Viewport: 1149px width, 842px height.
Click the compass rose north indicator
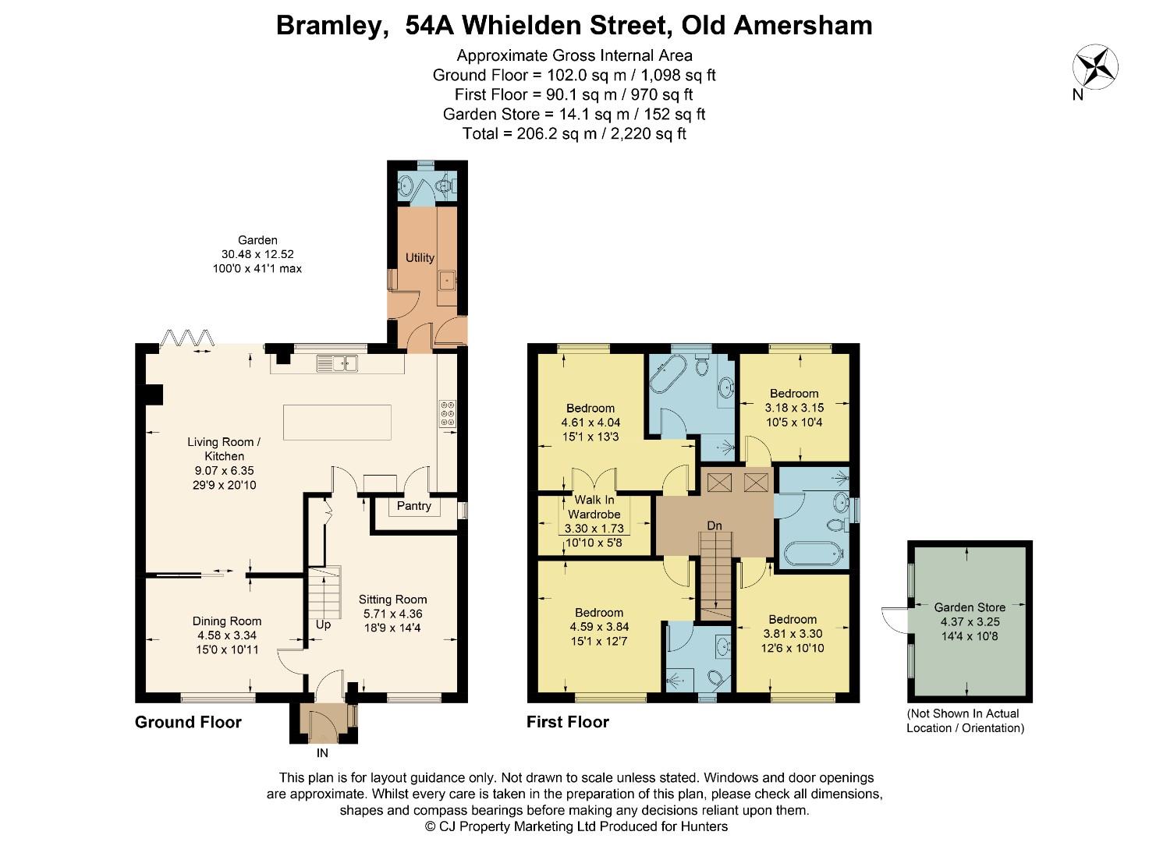[x=1095, y=68]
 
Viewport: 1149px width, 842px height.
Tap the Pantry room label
[x=413, y=506]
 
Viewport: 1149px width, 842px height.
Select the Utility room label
[x=420, y=258]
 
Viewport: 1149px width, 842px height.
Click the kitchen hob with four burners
[x=448, y=413]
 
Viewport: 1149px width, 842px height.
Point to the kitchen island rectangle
[x=337, y=422]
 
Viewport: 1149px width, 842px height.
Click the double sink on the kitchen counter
[x=337, y=363]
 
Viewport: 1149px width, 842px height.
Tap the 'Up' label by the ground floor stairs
[x=323, y=625]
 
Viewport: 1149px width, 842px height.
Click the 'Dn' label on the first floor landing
[x=715, y=526]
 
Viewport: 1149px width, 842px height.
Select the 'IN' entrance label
[x=322, y=753]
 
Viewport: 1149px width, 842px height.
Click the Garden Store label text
[x=970, y=607]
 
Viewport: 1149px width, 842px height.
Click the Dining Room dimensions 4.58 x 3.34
[x=227, y=635]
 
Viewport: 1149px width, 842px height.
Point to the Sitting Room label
[x=392, y=600]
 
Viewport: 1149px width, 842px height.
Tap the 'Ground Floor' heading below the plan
[x=188, y=722]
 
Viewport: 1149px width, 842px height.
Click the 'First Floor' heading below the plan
[x=567, y=722]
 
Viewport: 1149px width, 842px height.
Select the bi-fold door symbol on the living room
[x=186, y=338]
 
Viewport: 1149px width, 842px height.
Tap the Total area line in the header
[x=574, y=133]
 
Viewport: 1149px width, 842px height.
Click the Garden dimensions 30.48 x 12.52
[x=257, y=254]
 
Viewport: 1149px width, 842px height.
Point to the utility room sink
[x=448, y=279]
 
